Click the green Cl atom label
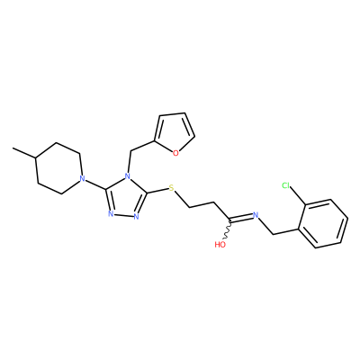[x=286, y=186]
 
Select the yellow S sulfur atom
[x=171, y=188]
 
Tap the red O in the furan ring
[x=175, y=154]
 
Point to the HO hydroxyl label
[x=220, y=245]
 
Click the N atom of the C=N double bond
[x=256, y=215]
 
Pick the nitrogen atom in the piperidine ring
[x=81, y=179]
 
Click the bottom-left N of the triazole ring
[x=111, y=213]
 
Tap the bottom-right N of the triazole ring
[x=136, y=217]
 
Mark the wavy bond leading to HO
[x=228, y=229]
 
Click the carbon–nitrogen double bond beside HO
[x=241, y=217]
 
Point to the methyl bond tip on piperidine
[x=13, y=148]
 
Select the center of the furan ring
[x=174, y=133]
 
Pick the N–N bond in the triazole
[x=123, y=215]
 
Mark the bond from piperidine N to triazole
[x=95, y=184]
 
